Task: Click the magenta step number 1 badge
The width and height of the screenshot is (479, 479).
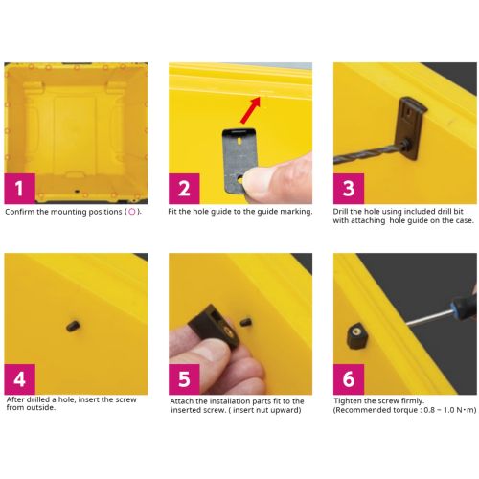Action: click(19, 189)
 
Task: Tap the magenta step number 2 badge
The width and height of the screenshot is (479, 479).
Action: click(184, 189)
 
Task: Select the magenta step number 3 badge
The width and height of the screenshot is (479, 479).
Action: click(349, 189)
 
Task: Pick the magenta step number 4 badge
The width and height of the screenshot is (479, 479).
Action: click(19, 379)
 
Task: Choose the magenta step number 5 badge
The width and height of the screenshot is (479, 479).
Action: click(184, 379)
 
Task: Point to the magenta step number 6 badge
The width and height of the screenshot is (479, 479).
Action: click(349, 379)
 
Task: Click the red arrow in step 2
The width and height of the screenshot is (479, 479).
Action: click(251, 110)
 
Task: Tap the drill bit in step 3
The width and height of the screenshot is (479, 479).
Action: click(367, 154)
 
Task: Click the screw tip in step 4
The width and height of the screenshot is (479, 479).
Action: click(73, 326)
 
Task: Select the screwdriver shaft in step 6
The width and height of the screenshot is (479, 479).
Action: click(429, 318)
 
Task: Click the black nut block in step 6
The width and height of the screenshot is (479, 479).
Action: click(356, 335)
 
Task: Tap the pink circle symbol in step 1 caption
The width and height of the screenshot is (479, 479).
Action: click(131, 212)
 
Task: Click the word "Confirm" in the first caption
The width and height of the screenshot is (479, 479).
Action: click(19, 212)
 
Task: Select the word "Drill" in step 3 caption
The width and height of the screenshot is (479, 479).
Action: click(340, 211)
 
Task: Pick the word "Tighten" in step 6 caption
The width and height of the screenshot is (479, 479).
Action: click(348, 400)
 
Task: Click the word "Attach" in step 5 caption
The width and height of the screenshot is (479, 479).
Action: click(182, 401)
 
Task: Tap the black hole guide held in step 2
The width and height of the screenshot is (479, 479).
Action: click(239, 161)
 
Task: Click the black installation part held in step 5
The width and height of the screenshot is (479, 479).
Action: click(214, 326)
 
